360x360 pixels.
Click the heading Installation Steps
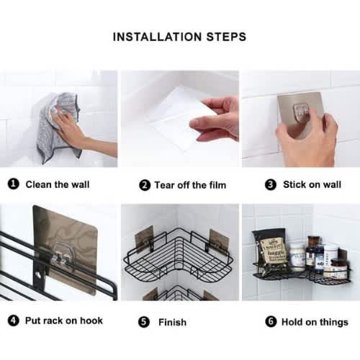(179, 37)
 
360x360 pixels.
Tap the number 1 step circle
(14, 184)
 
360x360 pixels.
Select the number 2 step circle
(145, 185)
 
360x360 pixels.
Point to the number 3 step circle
(271, 184)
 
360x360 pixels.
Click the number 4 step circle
(14, 320)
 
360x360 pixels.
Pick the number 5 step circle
(144, 322)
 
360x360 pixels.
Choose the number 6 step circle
(271, 321)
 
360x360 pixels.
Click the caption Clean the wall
(58, 184)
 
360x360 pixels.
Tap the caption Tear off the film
(190, 185)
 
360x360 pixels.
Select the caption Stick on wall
(312, 184)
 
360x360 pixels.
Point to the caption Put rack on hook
(64, 320)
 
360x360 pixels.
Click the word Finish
(172, 322)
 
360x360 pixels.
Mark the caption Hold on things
(315, 322)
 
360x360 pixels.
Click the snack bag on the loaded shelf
(271, 251)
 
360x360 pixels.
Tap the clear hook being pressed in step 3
(301, 112)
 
